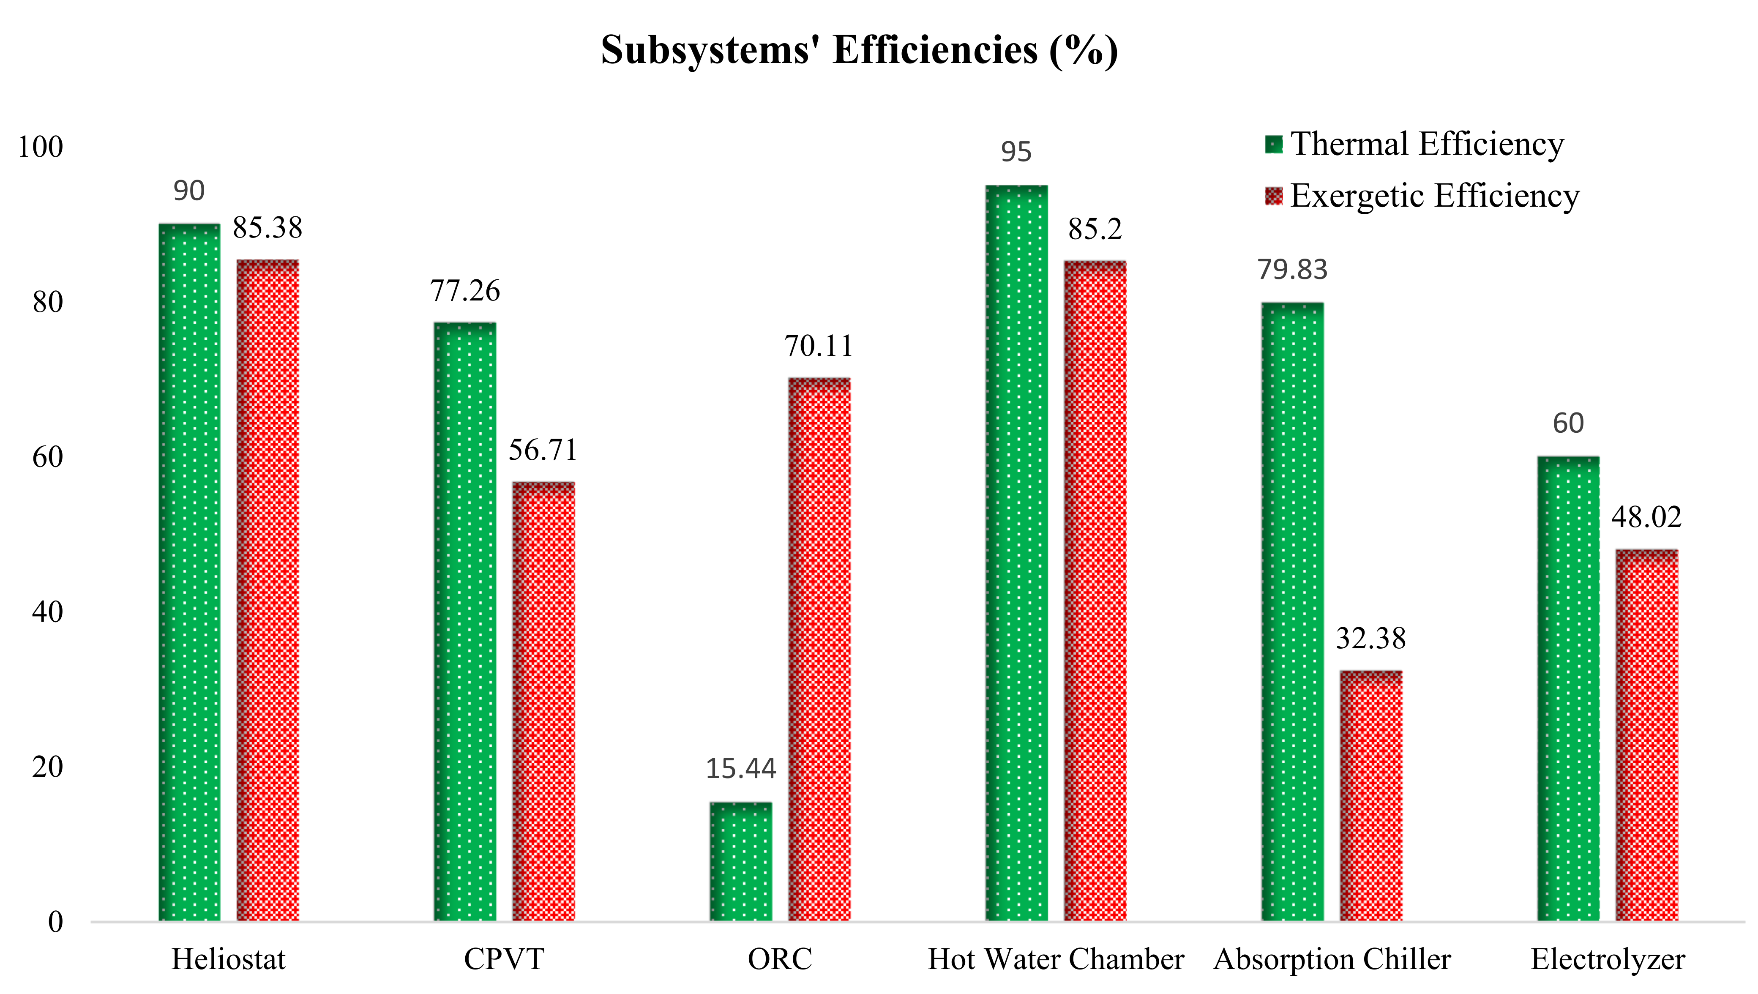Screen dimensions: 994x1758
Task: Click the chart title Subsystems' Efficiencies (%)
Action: [859, 51]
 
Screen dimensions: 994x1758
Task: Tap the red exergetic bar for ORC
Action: [819, 649]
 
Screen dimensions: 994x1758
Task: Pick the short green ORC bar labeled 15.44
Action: [740, 862]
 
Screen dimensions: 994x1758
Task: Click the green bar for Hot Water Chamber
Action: [1016, 553]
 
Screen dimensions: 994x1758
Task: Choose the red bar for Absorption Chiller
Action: [1370, 795]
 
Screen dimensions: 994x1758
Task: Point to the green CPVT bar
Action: [465, 621]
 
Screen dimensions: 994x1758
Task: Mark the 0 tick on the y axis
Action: [55, 922]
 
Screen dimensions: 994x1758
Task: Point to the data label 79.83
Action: [1292, 270]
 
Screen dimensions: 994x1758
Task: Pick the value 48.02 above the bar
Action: [1646, 517]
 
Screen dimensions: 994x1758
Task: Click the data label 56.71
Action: [543, 450]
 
